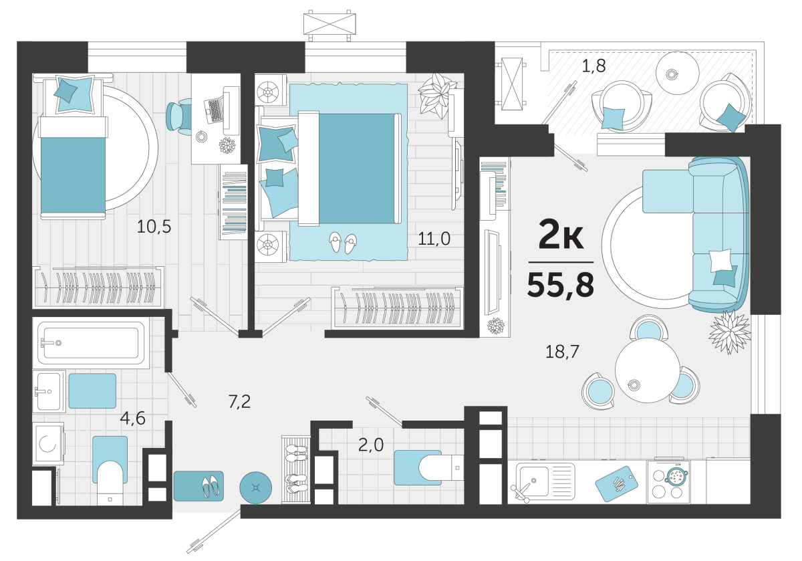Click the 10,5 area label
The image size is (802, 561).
click(x=154, y=227)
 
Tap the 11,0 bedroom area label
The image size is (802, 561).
click(x=434, y=239)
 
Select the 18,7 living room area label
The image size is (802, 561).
click(x=562, y=352)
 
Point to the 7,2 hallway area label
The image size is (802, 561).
click(x=239, y=402)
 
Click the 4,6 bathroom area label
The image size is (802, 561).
click(x=132, y=418)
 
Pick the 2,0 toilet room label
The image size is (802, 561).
click(x=370, y=445)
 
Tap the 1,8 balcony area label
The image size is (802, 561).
click(x=593, y=66)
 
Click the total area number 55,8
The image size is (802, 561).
click(x=560, y=285)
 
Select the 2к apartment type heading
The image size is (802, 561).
click(x=561, y=235)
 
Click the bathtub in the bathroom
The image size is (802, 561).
click(x=91, y=343)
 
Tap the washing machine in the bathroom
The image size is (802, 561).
click(x=48, y=444)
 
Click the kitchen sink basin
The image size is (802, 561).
click(x=534, y=480)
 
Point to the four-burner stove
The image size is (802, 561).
click(x=668, y=482)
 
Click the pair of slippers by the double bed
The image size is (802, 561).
click(x=343, y=243)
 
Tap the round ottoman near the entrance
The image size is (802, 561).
click(x=255, y=487)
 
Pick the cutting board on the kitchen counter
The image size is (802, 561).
click(x=616, y=483)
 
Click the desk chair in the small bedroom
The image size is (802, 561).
click(x=179, y=117)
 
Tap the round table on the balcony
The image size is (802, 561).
click(x=677, y=74)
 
